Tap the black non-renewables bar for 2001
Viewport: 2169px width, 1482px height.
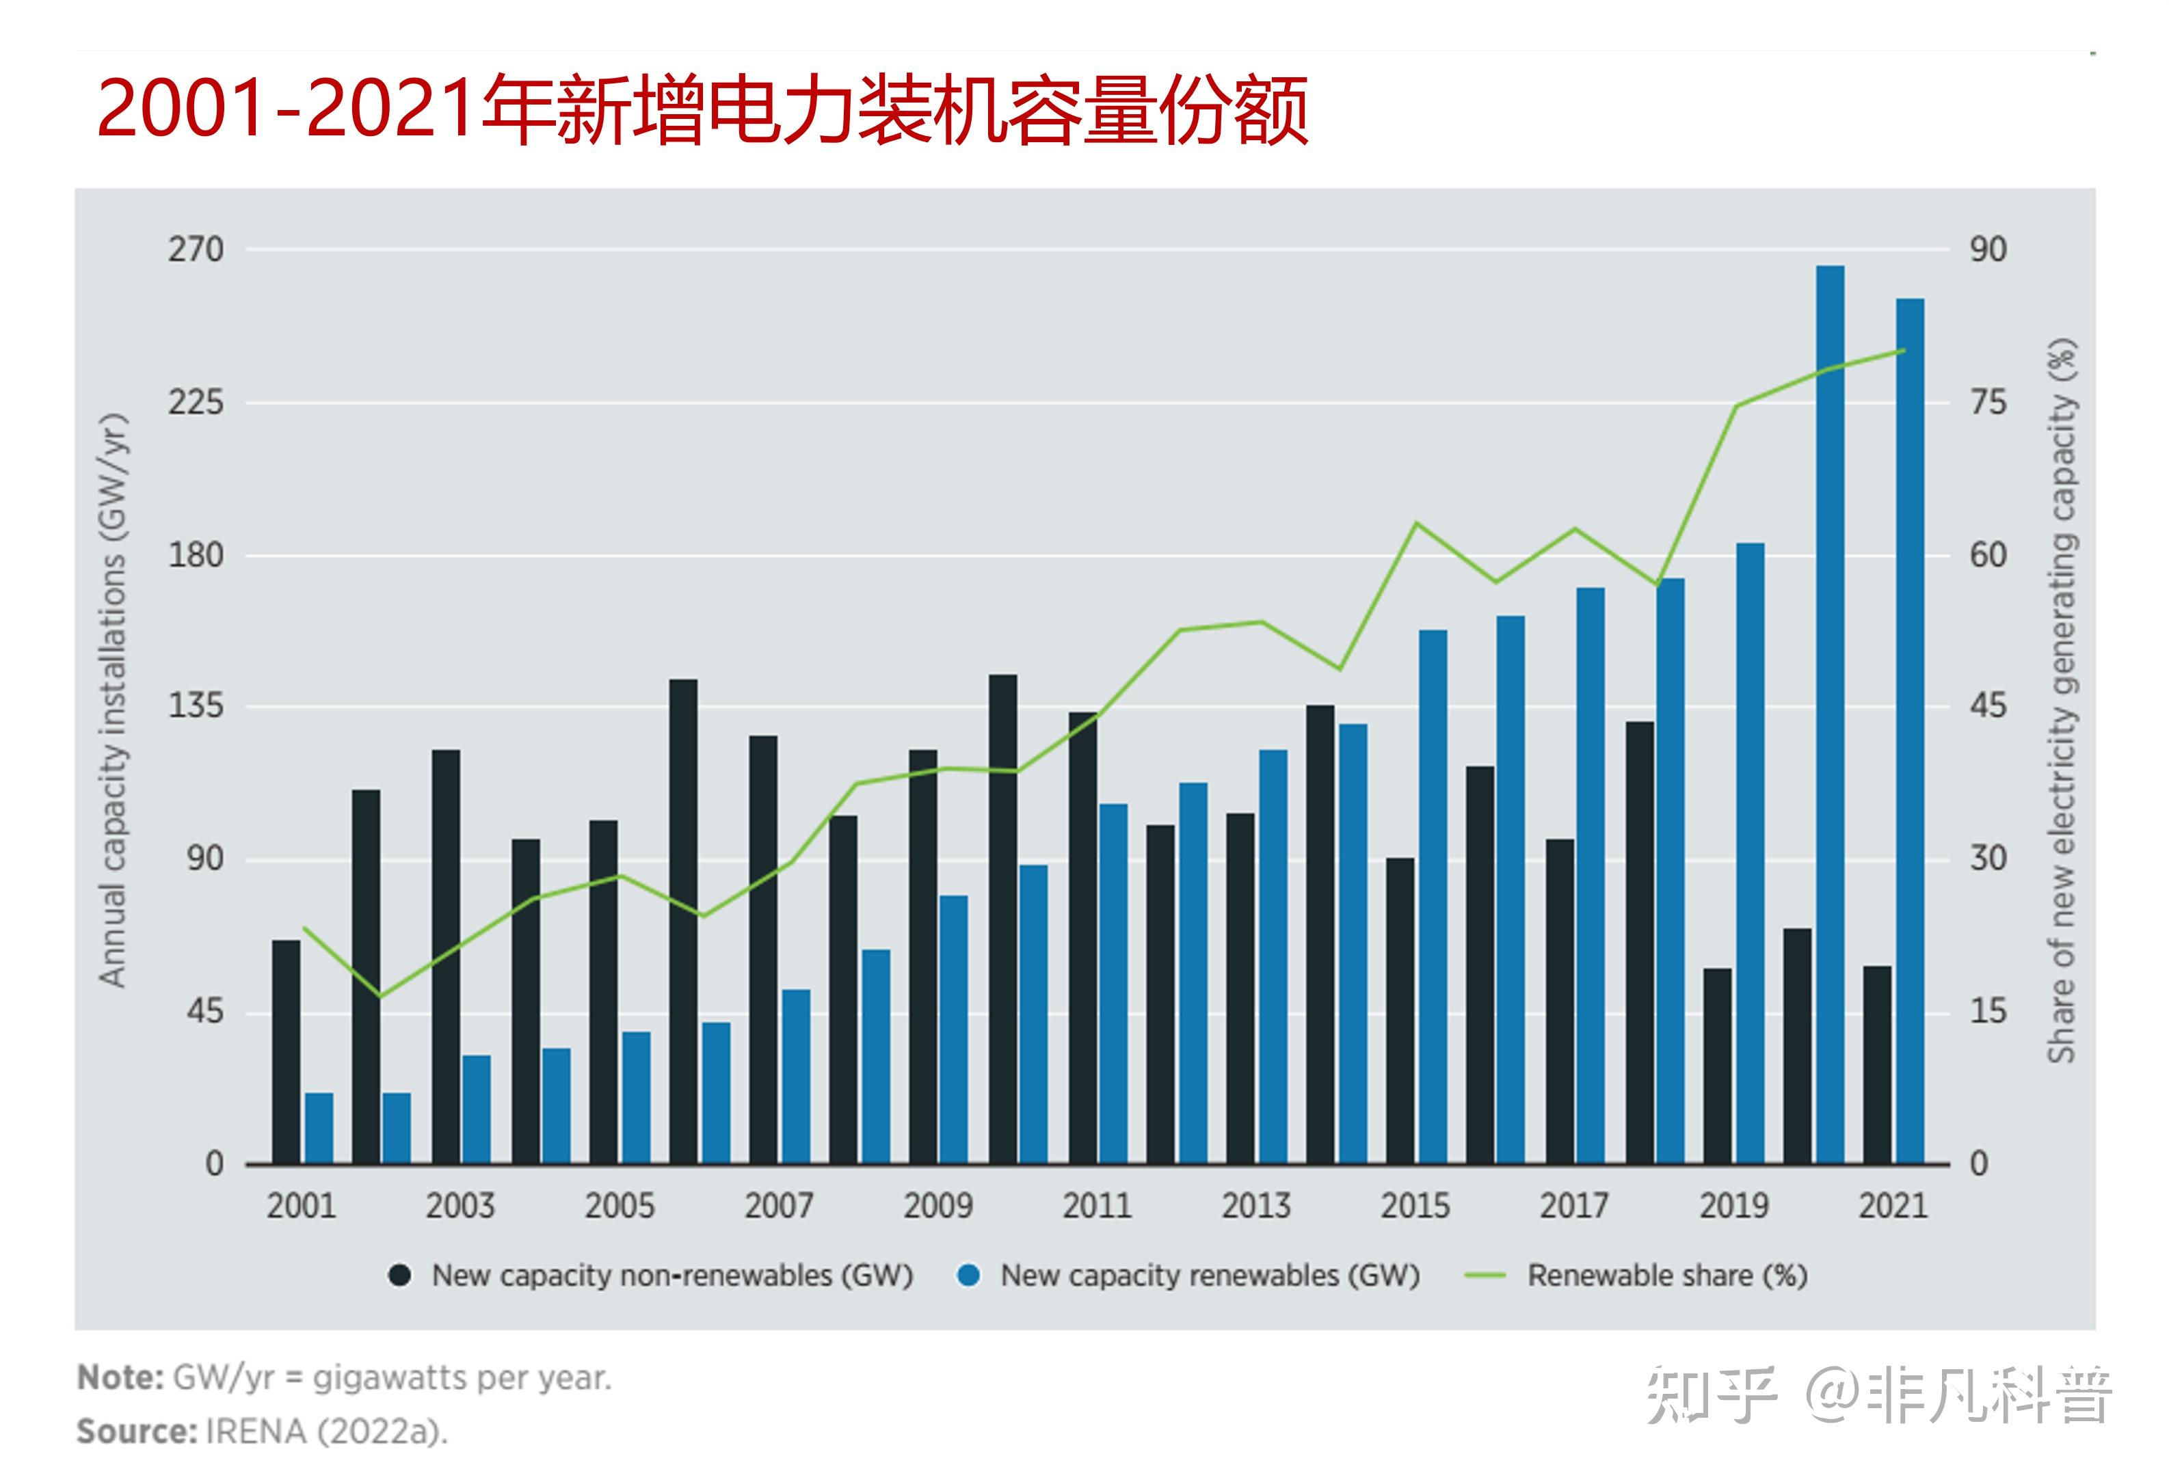click(x=287, y=1052)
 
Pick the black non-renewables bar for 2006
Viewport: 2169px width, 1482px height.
click(x=683, y=921)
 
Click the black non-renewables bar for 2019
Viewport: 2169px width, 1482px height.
click(x=1717, y=1066)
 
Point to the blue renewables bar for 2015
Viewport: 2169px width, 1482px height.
click(x=1433, y=896)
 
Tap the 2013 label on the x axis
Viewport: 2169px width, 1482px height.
click(x=1255, y=1206)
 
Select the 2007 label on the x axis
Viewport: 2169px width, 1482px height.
click(x=778, y=1206)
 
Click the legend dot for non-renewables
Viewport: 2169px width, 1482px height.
click(x=399, y=1276)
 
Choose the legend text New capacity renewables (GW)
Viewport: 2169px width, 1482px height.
click(x=1210, y=1276)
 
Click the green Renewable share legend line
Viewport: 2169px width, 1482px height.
click(x=1486, y=1276)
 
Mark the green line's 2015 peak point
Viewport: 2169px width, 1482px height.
click(x=1417, y=523)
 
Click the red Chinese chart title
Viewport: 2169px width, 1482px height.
click(x=702, y=110)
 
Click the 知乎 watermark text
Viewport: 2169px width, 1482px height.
click(x=1711, y=1396)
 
